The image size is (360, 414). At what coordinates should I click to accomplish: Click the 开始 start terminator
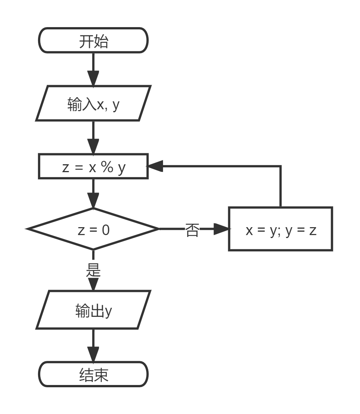[x=93, y=41]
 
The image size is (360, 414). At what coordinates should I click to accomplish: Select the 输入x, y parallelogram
[x=93, y=104]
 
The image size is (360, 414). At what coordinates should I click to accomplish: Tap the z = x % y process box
[x=93, y=167]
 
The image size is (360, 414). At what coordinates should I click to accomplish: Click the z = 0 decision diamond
[x=93, y=229]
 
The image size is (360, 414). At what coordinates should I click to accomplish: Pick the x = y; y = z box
[x=281, y=229]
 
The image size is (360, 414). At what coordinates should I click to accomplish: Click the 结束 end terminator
[x=93, y=374]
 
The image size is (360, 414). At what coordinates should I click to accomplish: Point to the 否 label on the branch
[x=192, y=229]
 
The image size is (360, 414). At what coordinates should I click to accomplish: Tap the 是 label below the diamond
[x=93, y=270]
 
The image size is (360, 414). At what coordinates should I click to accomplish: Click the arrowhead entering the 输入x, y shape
[x=93, y=78]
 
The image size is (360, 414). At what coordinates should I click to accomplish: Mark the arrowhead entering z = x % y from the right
[x=154, y=166]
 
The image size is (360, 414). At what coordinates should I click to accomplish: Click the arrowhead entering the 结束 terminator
[x=93, y=354]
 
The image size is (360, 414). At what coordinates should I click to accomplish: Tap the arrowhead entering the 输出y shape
[x=93, y=284]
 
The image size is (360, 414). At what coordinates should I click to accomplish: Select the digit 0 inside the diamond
[x=105, y=229]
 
